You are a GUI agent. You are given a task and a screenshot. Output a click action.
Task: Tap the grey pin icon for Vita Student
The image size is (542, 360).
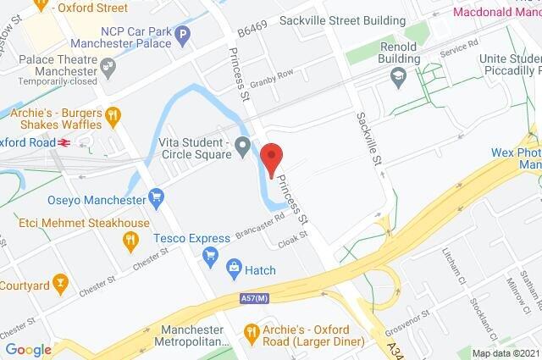click(242, 147)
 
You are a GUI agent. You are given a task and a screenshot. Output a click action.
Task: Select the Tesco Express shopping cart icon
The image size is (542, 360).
click(212, 255)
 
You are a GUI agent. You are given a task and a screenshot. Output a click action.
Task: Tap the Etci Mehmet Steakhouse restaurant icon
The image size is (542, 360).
click(130, 241)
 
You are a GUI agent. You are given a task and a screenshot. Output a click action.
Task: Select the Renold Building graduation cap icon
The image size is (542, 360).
click(395, 77)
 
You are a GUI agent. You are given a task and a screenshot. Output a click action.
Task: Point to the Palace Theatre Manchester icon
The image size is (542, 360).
click(107, 66)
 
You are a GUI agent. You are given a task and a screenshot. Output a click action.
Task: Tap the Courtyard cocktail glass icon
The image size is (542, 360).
click(59, 281)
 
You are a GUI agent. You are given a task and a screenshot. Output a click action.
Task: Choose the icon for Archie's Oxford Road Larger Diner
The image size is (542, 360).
click(251, 331)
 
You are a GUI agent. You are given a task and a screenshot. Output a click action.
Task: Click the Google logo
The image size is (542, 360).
click(28, 350)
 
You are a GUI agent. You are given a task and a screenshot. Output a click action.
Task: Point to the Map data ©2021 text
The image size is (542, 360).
click(505, 353)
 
